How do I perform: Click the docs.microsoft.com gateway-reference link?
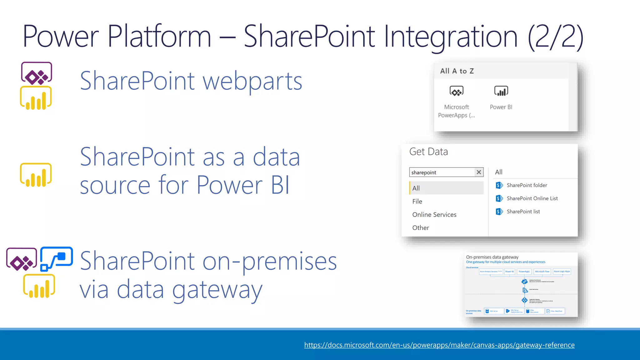439,345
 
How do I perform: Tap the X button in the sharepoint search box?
478,172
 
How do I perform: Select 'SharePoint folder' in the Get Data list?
527,185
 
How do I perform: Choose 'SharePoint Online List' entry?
532,198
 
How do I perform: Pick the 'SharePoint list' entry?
523,212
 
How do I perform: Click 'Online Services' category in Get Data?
434,215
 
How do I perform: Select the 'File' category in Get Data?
417,202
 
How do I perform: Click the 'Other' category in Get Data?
420,228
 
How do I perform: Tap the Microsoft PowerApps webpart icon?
456,91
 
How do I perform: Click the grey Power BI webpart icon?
501,91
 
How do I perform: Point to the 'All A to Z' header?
457,71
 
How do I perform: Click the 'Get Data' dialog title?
428,152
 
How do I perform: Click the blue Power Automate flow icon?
57,259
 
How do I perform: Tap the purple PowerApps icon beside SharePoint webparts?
37,74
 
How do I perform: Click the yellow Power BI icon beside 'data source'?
36,175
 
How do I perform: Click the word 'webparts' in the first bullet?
252,81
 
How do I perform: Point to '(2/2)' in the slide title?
555,37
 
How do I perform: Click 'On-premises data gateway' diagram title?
492,257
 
